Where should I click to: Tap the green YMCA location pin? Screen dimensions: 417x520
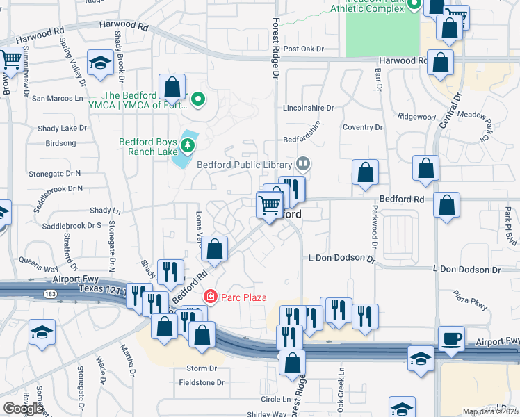198,100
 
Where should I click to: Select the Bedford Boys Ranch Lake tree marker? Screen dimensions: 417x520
187,145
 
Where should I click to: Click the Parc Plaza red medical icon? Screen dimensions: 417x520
210,297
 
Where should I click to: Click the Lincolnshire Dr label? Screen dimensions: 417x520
309,108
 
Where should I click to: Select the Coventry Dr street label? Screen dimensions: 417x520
363,127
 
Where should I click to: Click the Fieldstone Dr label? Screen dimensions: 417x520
202,382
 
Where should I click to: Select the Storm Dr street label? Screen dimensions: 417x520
202,368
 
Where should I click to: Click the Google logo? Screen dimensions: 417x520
23,409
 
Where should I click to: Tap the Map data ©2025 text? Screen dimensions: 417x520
490,411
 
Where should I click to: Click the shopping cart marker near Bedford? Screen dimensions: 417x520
268,205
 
